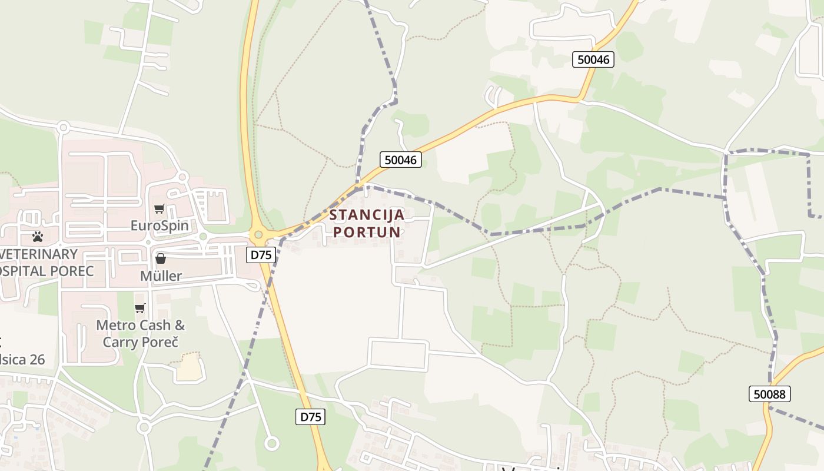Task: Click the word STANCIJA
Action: (x=367, y=215)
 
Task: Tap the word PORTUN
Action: (x=367, y=232)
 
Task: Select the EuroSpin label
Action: (x=160, y=225)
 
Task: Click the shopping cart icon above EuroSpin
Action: (x=159, y=208)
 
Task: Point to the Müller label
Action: (x=161, y=276)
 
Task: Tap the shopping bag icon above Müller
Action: (x=160, y=258)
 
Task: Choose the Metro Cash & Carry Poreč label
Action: (x=140, y=333)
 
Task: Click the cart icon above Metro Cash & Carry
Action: (x=140, y=308)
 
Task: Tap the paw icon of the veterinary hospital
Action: (x=38, y=237)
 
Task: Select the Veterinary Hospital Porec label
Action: (x=41, y=263)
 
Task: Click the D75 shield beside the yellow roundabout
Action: (x=261, y=255)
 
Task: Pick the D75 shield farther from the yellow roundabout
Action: (x=310, y=417)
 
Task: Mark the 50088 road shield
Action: (x=770, y=394)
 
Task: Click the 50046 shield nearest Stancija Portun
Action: (x=400, y=159)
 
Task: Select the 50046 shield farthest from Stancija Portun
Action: (x=593, y=59)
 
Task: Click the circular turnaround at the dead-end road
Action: (x=271, y=443)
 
